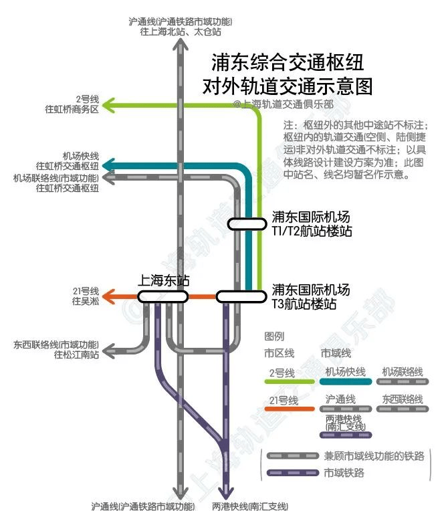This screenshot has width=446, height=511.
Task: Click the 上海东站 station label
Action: pos(163,281)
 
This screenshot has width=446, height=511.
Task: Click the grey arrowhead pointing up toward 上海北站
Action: pos(179,45)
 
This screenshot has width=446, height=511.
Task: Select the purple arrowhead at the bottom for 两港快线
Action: pos(226,492)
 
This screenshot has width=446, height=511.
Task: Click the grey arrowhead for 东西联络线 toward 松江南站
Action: pos(109,349)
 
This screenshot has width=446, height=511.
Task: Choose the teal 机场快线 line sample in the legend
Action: pos(345,381)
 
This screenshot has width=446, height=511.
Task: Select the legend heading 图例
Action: pos(275,336)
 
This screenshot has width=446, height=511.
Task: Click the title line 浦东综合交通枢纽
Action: pos(288,64)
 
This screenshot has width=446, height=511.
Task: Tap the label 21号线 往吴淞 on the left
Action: pos(86,296)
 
